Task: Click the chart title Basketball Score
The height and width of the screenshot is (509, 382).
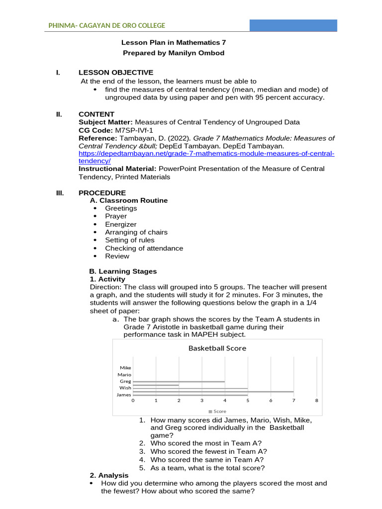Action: click(217, 348)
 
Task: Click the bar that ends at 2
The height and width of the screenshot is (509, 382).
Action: click(155, 385)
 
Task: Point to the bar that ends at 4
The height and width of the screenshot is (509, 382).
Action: click(179, 382)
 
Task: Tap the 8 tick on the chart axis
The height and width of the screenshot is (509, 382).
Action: click(316, 400)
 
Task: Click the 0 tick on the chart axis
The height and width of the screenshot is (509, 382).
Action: click(133, 400)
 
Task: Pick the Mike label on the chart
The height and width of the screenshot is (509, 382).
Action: click(125, 368)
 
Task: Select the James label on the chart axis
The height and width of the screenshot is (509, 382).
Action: click(123, 395)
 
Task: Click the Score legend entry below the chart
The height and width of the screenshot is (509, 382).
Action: click(217, 412)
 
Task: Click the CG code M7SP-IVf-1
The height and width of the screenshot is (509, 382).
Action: click(131, 130)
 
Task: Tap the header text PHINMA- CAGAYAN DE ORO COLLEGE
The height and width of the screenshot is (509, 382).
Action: click(106, 26)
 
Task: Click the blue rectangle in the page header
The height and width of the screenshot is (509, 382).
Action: click(293, 26)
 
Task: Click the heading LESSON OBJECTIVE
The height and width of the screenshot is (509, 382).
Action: click(116, 73)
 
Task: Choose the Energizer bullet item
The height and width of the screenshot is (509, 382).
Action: click(120, 224)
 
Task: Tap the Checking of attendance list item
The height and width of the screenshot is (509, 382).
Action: click(144, 248)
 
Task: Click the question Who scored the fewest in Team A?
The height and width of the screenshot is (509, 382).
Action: click(208, 451)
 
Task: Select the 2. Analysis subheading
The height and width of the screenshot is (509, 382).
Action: click(109, 476)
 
